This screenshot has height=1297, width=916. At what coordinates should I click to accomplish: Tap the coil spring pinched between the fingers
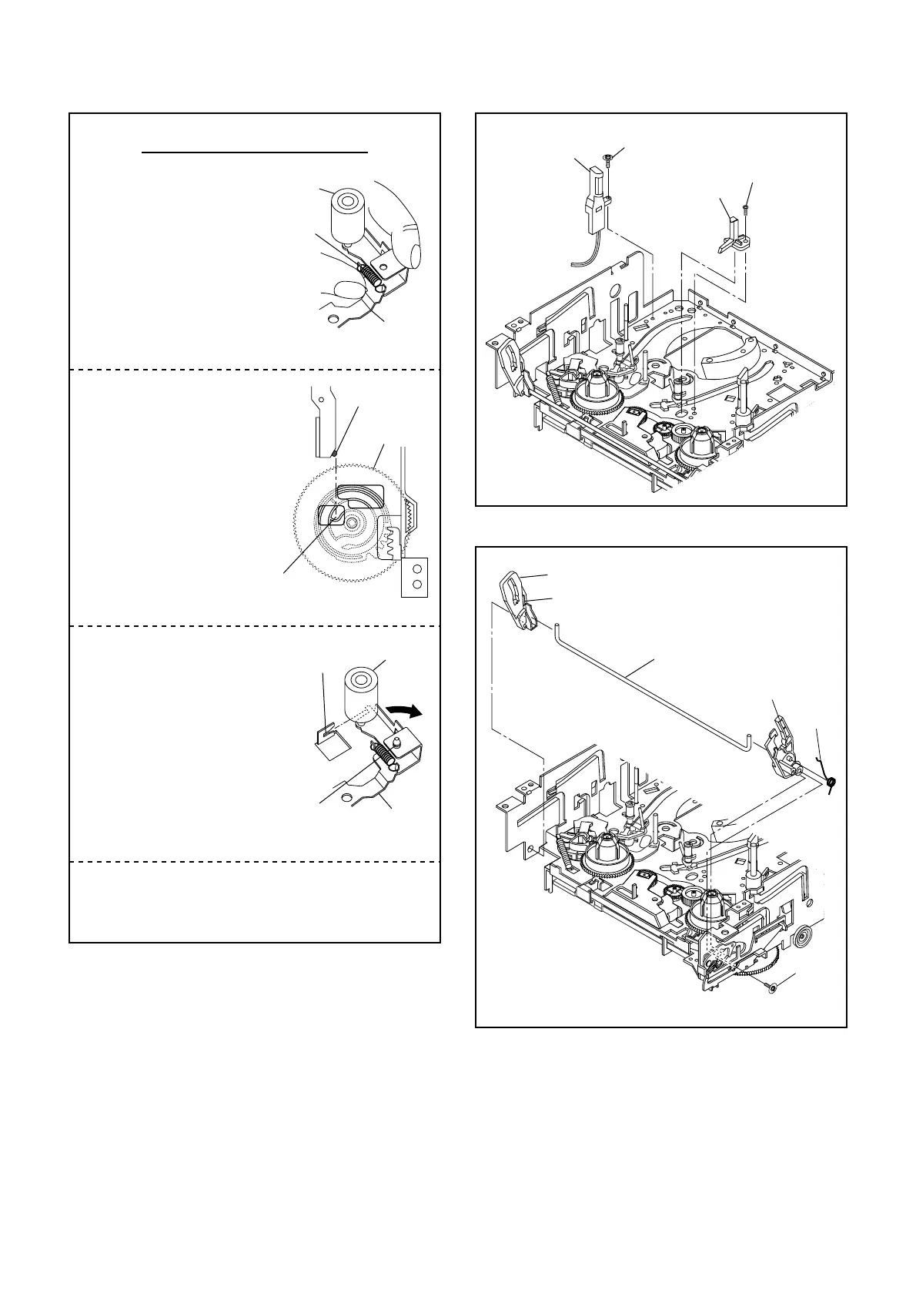pyautogui.click(x=371, y=273)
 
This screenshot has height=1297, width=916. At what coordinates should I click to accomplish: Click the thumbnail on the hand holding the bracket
pyautogui.click(x=416, y=255)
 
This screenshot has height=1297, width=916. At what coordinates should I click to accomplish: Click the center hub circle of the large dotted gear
pyautogui.click(x=352, y=522)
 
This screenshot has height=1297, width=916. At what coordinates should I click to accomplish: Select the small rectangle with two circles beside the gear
pyautogui.click(x=414, y=577)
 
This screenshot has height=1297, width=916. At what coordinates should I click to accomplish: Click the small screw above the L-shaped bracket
pyautogui.click(x=745, y=207)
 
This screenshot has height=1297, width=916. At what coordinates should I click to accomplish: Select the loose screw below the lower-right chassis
pyautogui.click(x=772, y=988)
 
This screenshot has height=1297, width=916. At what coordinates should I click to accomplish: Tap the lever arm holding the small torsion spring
pyautogui.click(x=784, y=747)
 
